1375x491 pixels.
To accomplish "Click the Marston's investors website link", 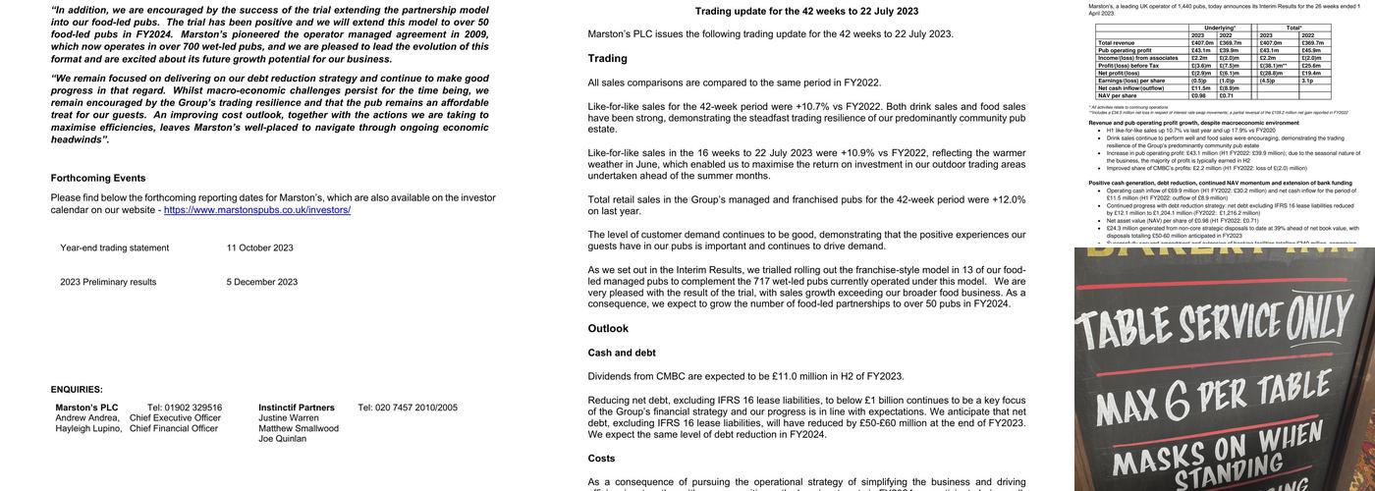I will (257, 210).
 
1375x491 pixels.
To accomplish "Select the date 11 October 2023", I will (259, 248).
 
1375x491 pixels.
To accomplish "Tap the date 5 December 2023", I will (261, 283).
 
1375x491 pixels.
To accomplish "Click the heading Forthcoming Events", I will (98, 178).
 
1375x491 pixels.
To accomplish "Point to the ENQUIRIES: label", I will (77, 390).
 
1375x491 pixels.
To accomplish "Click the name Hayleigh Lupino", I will (88, 429).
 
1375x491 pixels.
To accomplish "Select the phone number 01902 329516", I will (185, 408).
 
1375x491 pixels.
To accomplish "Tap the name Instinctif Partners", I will (297, 408).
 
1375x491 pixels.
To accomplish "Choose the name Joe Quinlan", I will (282, 440).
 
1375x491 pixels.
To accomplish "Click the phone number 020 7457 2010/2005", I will (408, 408).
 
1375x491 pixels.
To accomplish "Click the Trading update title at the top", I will (806, 12).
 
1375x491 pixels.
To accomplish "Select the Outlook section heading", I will (608, 329).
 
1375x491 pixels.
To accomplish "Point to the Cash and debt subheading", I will (622, 353).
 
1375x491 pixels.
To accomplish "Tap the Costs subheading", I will (601, 459).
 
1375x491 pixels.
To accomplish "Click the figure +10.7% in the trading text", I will (812, 107).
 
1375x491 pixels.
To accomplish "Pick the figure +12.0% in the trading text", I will (1009, 199).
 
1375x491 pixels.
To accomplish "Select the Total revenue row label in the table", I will (1118, 43).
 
